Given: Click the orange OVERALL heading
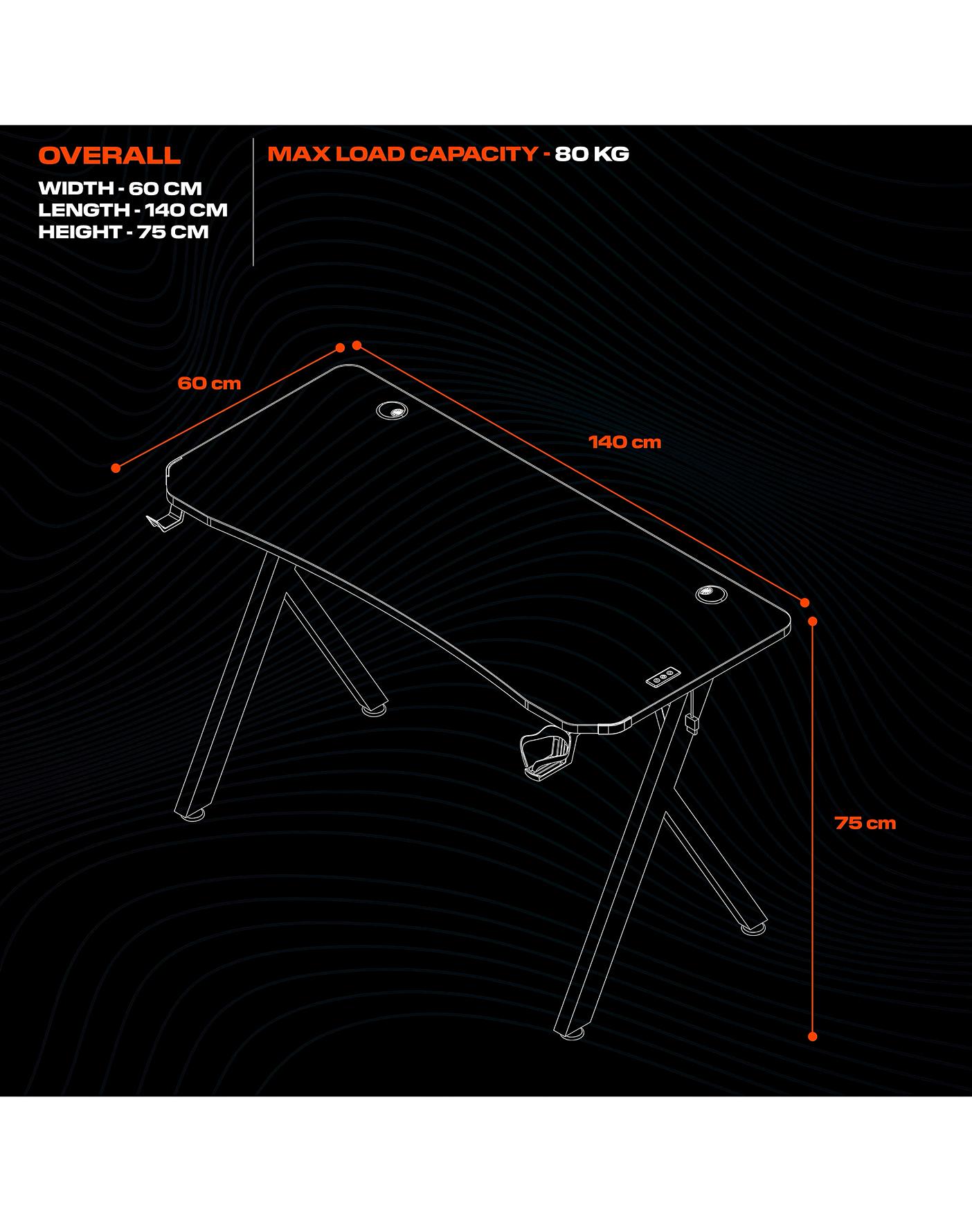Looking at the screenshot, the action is click(109, 155).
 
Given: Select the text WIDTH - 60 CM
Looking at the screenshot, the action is click(120, 188).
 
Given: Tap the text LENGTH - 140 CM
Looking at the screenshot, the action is click(133, 210).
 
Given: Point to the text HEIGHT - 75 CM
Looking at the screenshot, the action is click(123, 232).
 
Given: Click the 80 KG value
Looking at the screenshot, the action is click(592, 154).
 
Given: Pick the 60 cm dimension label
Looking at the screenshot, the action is click(209, 383).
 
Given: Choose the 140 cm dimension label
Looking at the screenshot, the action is click(625, 442).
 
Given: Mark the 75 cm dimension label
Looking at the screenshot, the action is click(865, 823).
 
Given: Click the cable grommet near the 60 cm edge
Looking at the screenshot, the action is click(393, 410).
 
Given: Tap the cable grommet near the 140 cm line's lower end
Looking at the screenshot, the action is click(711, 593).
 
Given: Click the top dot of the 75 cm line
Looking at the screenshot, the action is click(813, 622).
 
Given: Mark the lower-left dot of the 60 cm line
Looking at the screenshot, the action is click(116, 469).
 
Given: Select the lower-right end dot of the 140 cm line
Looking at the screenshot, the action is click(804, 603).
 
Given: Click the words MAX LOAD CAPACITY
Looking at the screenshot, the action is click(403, 154).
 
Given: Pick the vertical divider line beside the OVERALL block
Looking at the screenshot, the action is click(253, 202).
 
